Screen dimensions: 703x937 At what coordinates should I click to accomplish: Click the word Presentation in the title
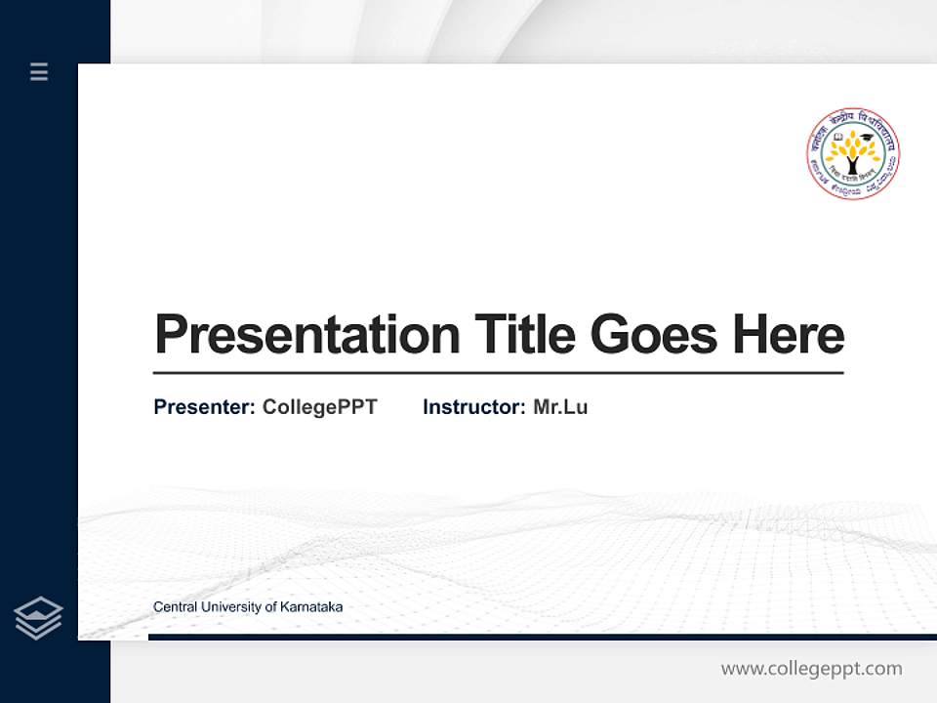[x=306, y=335]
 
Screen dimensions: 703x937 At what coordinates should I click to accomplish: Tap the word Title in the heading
[x=524, y=335]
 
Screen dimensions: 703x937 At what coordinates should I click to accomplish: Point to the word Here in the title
[x=788, y=335]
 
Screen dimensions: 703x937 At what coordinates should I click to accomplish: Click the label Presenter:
[x=204, y=407]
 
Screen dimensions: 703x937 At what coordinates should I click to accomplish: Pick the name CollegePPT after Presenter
[x=319, y=407]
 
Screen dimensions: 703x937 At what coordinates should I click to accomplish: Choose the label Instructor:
[x=473, y=407]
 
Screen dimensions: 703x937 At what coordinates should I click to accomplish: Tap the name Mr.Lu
[x=560, y=407]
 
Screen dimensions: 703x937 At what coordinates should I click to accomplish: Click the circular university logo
[x=852, y=154]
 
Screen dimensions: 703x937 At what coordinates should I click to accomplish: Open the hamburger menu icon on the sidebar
[x=39, y=71]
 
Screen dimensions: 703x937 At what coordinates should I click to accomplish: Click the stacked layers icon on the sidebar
[x=38, y=618]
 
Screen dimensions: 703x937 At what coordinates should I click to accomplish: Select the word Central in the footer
[x=174, y=607]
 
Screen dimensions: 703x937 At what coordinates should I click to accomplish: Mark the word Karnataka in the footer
[x=311, y=607]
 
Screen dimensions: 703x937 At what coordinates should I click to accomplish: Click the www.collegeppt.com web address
[x=811, y=669]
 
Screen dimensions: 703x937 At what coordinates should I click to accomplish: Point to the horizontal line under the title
[x=498, y=373]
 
